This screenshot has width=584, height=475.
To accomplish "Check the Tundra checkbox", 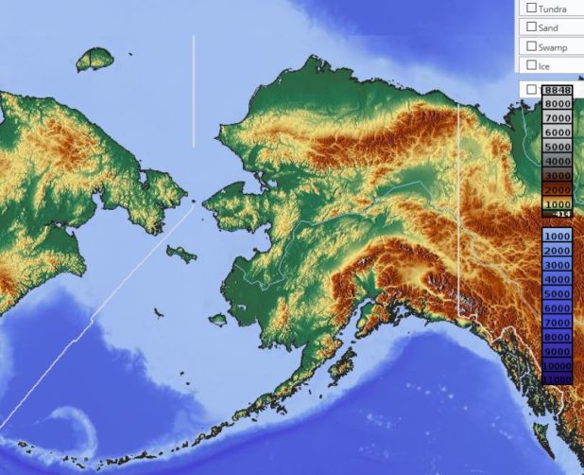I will [x=532, y=9].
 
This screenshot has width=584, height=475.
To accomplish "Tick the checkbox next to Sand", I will [x=532, y=27].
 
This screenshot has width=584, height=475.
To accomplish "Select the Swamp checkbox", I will [x=532, y=46].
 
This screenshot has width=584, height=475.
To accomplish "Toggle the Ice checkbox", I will [x=532, y=66].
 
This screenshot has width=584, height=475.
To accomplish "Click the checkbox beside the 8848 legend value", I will [x=532, y=90].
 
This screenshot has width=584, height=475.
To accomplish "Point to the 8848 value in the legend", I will [x=558, y=90].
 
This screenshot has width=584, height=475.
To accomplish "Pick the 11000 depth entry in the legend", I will [x=558, y=379].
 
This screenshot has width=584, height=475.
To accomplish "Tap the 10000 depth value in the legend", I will [x=558, y=365].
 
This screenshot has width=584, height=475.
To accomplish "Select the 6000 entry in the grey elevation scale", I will [x=558, y=132].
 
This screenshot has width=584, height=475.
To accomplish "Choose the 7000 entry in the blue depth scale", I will [x=558, y=322].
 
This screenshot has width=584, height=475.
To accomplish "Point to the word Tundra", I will [x=554, y=9].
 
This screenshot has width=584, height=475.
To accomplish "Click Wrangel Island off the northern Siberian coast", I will [x=94, y=61].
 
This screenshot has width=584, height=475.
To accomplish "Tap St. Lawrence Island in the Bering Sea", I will [x=180, y=253].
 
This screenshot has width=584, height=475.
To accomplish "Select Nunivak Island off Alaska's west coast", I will [x=218, y=320].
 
